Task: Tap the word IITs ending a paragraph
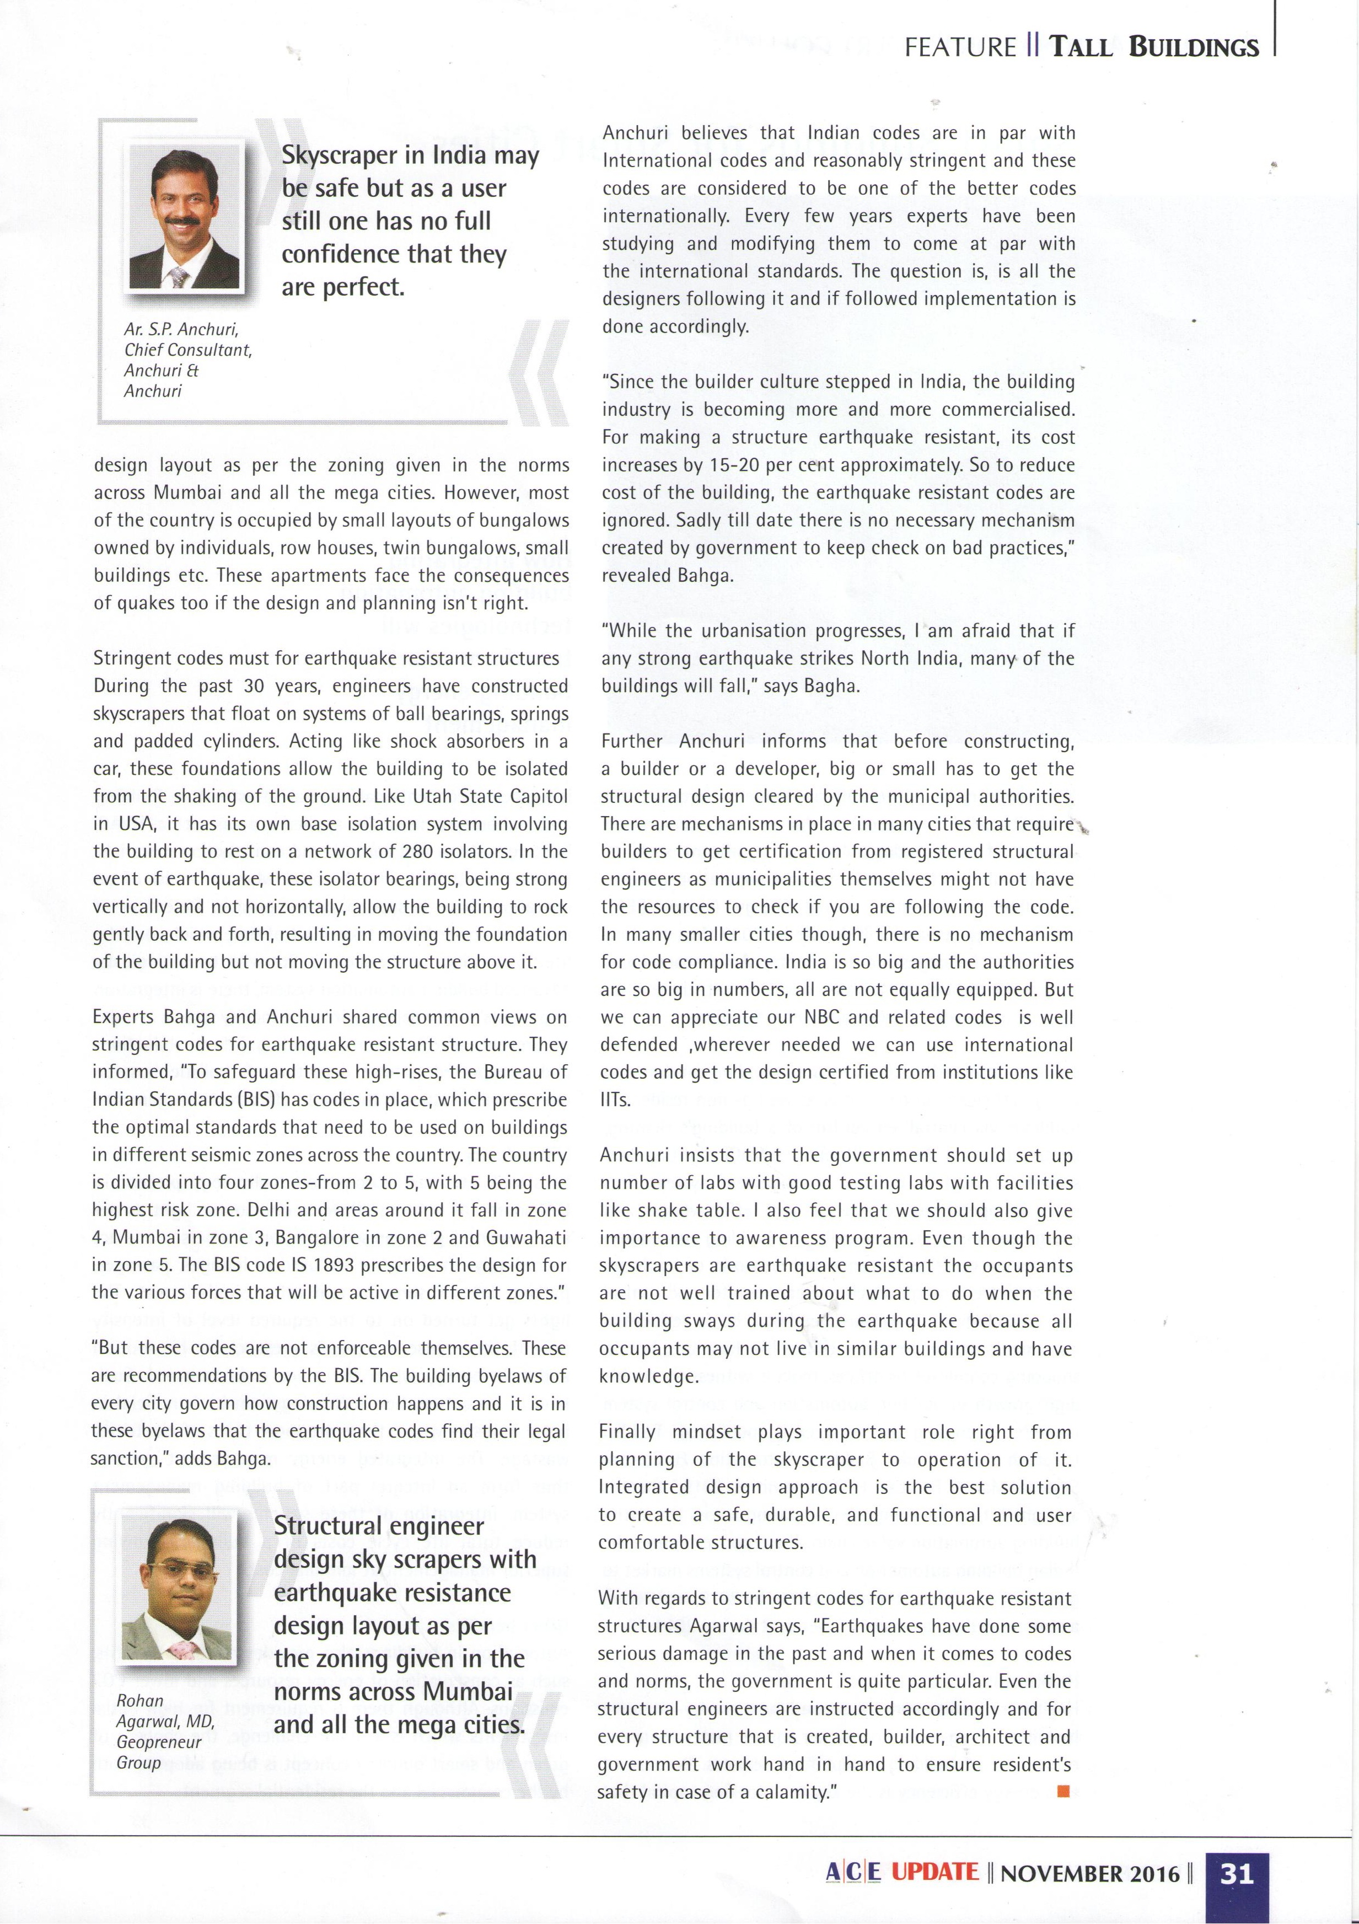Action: [x=615, y=1100]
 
